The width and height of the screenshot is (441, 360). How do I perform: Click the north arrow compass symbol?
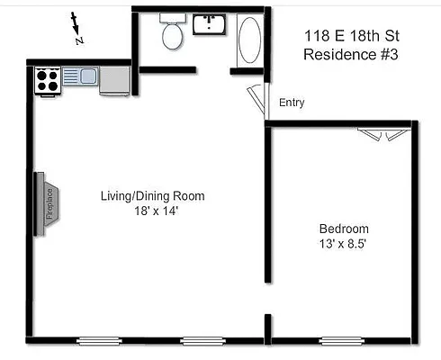tap(76, 26)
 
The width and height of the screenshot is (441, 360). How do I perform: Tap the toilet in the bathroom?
tap(172, 33)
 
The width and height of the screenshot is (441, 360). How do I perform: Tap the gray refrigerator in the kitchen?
tap(114, 79)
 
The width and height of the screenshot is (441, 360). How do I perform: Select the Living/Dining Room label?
tap(152, 196)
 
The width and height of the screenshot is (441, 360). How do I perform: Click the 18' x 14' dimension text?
tap(152, 211)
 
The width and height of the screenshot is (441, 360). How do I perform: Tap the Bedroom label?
tap(343, 229)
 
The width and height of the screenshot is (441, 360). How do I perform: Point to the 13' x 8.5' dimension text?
tap(343, 244)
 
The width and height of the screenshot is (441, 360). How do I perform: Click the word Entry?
tap(292, 103)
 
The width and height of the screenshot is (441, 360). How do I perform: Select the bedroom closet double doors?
tap(381, 134)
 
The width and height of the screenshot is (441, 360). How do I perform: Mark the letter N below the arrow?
tap(79, 40)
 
